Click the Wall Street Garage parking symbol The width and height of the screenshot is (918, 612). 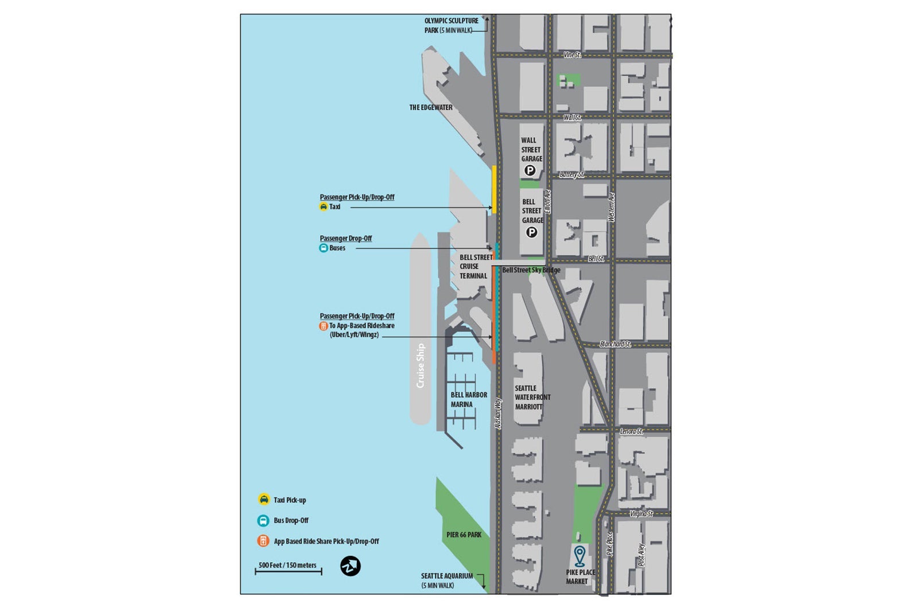pyautogui.click(x=530, y=170)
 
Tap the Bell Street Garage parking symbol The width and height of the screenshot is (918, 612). pyautogui.click(x=532, y=232)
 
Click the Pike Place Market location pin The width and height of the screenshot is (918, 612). pyautogui.click(x=579, y=556)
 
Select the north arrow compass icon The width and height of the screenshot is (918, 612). pyautogui.click(x=351, y=566)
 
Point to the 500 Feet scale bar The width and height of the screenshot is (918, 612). pyautogui.click(x=288, y=571)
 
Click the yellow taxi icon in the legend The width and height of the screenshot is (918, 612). pyautogui.click(x=264, y=500)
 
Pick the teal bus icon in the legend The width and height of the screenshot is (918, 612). pyautogui.click(x=263, y=521)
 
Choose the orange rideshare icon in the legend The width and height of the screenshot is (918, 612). pyautogui.click(x=263, y=541)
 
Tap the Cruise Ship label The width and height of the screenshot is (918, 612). pyautogui.click(x=421, y=365)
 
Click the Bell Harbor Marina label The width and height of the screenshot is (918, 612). pyautogui.click(x=468, y=400)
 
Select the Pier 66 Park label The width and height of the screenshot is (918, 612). pyautogui.click(x=464, y=535)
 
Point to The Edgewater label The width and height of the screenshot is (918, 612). pyautogui.click(x=430, y=107)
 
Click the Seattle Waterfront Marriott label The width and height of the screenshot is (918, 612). pyautogui.click(x=532, y=397)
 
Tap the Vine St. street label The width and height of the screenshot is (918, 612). pyautogui.click(x=572, y=55)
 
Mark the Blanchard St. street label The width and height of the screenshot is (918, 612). pyautogui.click(x=615, y=344)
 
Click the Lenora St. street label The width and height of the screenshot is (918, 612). pyautogui.click(x=631, y=431)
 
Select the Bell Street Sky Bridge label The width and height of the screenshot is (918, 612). pyautogui.click(x=531, y=270)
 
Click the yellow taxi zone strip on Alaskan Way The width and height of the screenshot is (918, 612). pyautogui.click(x=494, y=189)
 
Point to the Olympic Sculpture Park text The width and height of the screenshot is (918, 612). pyautogui.click(x=450, y=25)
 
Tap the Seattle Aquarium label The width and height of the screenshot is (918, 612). pyautogui.click(x=446, y=580)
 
